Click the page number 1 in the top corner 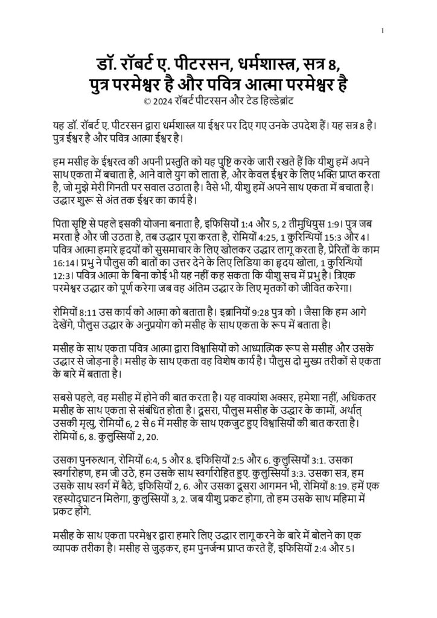[383, 31]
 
